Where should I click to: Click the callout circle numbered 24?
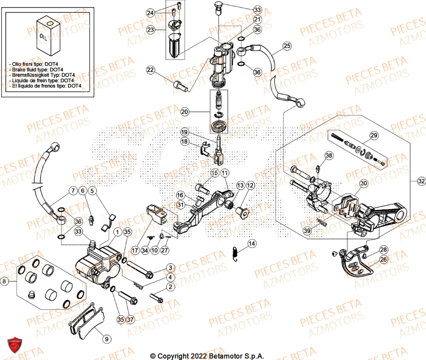pyautogui.click(x=150, y=13)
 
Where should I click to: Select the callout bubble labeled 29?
pyautogui.click(x=374, y=135)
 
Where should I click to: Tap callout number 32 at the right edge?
pyautogui.click(x=421, y=181)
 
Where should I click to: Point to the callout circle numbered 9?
pyautogui.click(x=106, y=339)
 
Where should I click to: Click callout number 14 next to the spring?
pyautogui.click(x=252, y=244)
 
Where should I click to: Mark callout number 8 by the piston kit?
pyautogui.click(x=4, y=281)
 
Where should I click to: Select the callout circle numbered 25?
pyautogui.click(x=286, y=45)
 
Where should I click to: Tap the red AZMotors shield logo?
pyautogui.click(x=15, y=345)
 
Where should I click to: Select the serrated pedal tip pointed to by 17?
pyautogui.click(x=156, y=212)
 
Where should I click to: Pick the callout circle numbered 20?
pyautogui.click(x=184, y=112)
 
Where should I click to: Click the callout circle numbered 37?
pyautogui.click(x=130, y=319)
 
